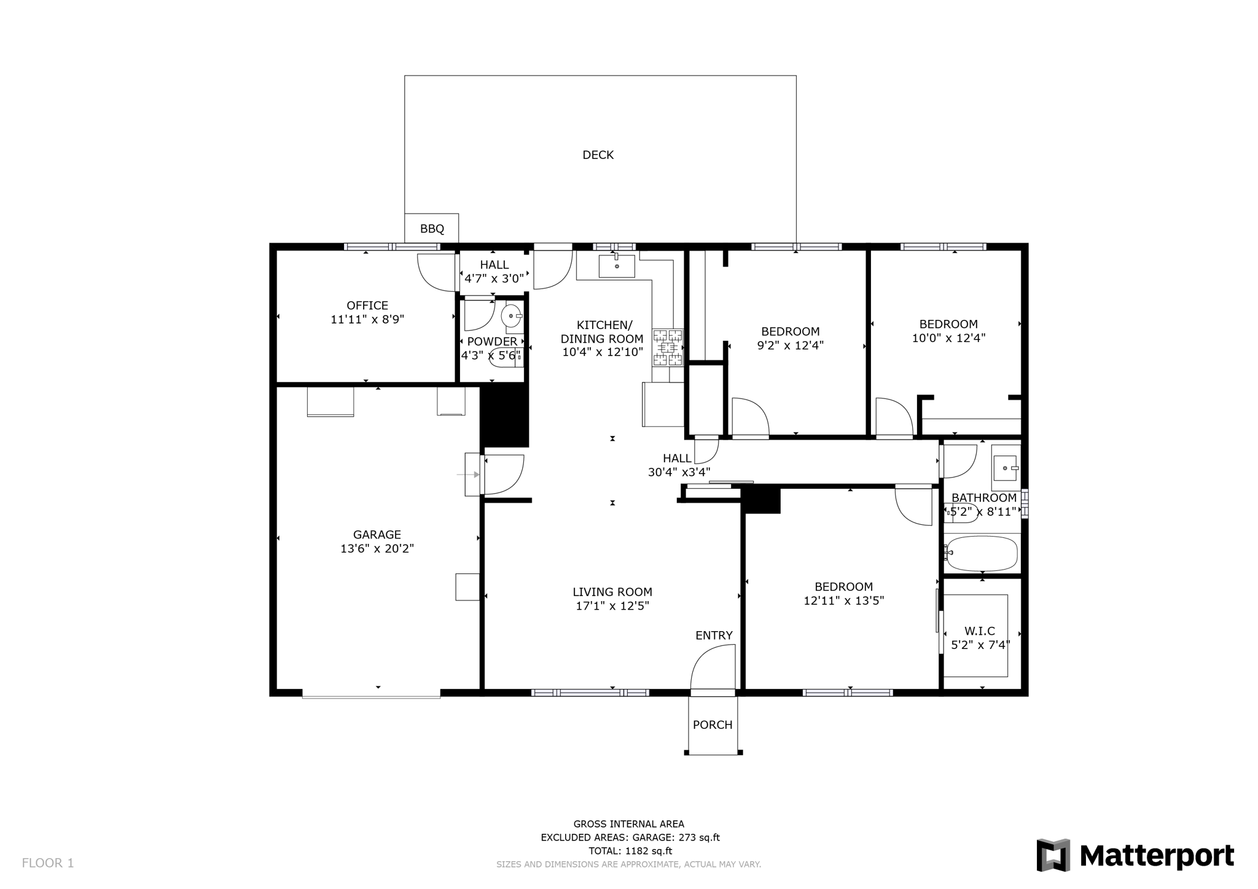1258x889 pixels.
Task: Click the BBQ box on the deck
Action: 431,228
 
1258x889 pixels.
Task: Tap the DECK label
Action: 598,155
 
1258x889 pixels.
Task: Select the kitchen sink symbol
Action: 616,266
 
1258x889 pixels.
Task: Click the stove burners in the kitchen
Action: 668,347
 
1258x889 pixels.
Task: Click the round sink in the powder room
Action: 511,316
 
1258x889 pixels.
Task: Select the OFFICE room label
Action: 367,305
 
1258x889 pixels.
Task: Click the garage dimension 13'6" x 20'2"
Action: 377,549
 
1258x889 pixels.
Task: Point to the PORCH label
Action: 713,724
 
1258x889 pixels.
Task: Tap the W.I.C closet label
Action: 979,631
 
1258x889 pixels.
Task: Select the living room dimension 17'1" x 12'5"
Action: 612,606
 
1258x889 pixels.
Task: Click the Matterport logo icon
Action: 1053,855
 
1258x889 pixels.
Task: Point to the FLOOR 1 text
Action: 48,863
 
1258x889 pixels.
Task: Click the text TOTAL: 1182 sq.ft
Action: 630,851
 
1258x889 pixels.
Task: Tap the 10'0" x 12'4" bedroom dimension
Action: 948,338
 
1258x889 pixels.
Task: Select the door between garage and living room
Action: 502,474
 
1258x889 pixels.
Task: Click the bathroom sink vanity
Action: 1005,468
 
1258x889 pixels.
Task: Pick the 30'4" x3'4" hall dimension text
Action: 679,472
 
